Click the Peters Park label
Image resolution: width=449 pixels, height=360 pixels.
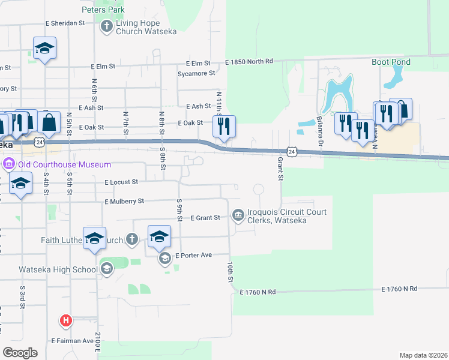pos(103,10)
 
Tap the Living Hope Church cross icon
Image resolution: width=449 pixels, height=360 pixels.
pos(106,26)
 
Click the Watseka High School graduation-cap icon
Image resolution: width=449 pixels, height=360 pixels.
pos(106,269)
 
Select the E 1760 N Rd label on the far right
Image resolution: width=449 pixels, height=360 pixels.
pos(399,289)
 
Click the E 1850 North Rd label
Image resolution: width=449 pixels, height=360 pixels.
pos(249,62)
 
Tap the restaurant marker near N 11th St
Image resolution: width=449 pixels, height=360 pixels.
pos(224,126)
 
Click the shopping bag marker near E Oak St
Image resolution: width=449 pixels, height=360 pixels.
pos(49,122)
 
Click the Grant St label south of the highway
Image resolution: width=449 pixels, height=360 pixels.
pos(280,169)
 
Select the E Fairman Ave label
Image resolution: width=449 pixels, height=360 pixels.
pos(73,341)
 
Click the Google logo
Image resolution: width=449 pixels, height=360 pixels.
pos(20,353)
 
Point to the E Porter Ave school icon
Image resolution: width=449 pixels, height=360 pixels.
pos(164,259)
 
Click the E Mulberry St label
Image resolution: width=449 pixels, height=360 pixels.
pos(124,202)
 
